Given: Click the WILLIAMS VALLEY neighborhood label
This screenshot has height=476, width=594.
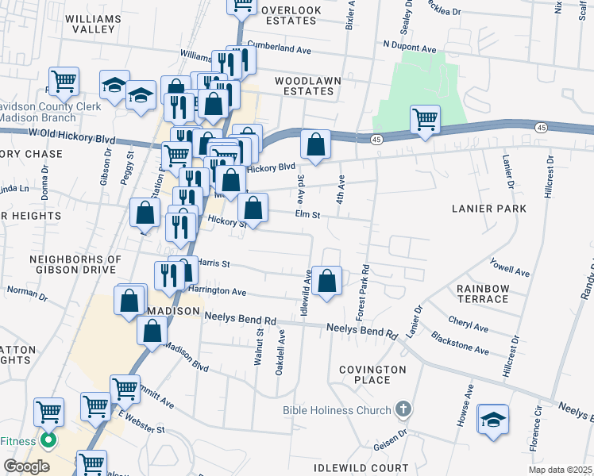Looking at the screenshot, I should tap(94, 23).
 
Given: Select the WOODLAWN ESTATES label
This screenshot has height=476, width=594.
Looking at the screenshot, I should tap(304, 86).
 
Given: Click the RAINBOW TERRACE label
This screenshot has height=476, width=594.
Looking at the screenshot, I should tap(482, 294).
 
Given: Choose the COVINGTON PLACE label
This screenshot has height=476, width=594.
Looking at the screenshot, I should tap(372, 374).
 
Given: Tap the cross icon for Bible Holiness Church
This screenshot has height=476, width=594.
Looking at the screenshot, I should tap(403, 410).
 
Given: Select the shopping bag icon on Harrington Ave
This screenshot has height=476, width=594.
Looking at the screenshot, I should tap(326, 280).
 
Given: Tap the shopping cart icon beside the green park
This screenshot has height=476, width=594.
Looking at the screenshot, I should tap(426, 120).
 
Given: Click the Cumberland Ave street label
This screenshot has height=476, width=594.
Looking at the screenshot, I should tap(279, 48).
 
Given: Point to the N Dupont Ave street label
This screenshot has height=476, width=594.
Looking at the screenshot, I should tap(410, 48).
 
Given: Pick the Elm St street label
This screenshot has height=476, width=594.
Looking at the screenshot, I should tap(307, 214).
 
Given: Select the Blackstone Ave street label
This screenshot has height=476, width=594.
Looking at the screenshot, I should tap(460, 344).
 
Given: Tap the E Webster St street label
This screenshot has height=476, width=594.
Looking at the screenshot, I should tap(141, 422).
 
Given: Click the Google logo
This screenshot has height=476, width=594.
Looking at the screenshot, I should tap(27, 466).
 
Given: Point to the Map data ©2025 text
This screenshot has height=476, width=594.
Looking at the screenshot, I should tap(561, 470).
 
